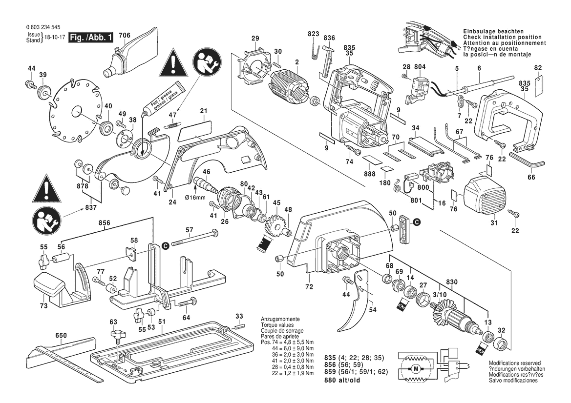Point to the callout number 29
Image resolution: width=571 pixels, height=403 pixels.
[x=255, y=39]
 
